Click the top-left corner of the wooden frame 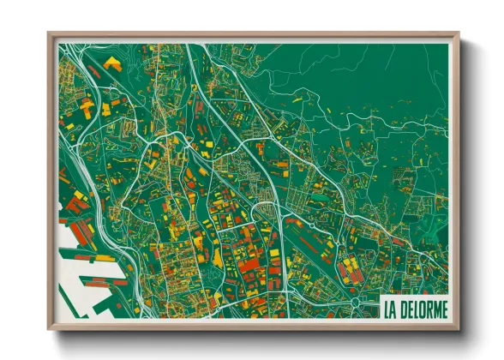(49, 33)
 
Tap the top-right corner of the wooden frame (459, 33)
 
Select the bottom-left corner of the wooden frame (49, 329)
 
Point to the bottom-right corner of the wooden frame (459, 329)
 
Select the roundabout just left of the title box (357, 303)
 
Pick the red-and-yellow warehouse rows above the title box (351, 269)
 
